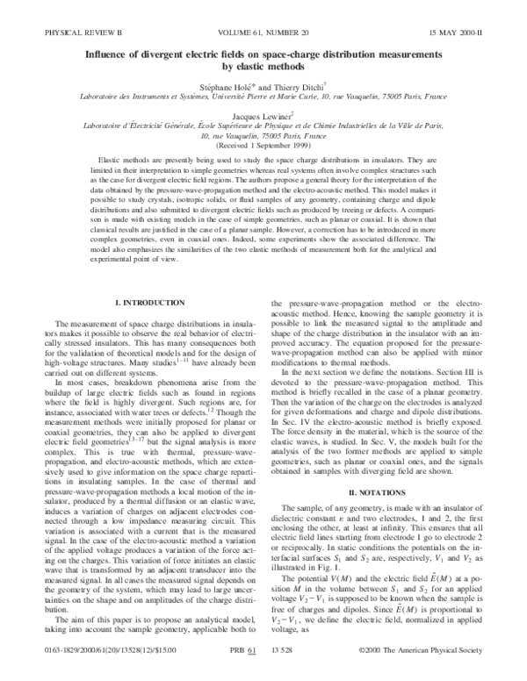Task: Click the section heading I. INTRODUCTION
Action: (x=146, y=302)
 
